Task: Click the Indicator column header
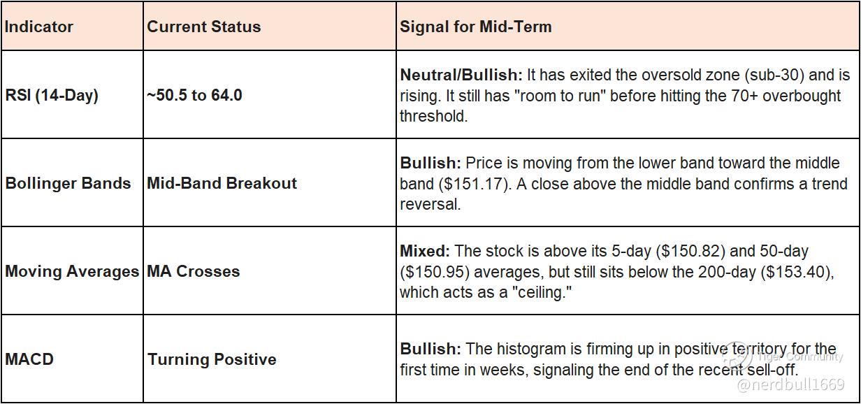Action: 39,27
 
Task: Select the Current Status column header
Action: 204,27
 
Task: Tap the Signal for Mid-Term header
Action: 476,27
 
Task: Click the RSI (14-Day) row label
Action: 52,95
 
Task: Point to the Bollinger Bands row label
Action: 68,183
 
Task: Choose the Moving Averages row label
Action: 72,271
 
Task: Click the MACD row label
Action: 29,359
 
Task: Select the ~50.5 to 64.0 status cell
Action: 194,95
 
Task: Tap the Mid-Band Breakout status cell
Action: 222,183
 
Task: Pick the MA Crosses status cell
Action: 194,271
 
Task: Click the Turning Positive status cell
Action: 212,359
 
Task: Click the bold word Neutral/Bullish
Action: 461,75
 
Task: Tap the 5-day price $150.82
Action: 690,251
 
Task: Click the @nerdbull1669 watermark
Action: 791,385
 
